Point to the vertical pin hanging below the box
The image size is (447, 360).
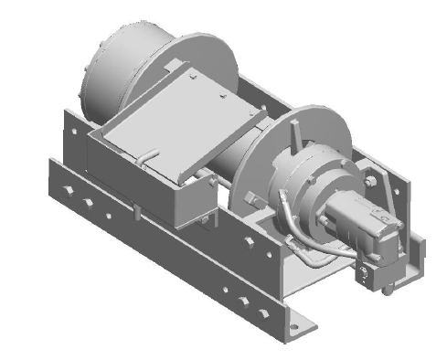coord(136,211)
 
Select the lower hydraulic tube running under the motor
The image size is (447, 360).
coord(315,259)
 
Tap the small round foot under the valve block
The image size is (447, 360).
coord(389,291)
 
